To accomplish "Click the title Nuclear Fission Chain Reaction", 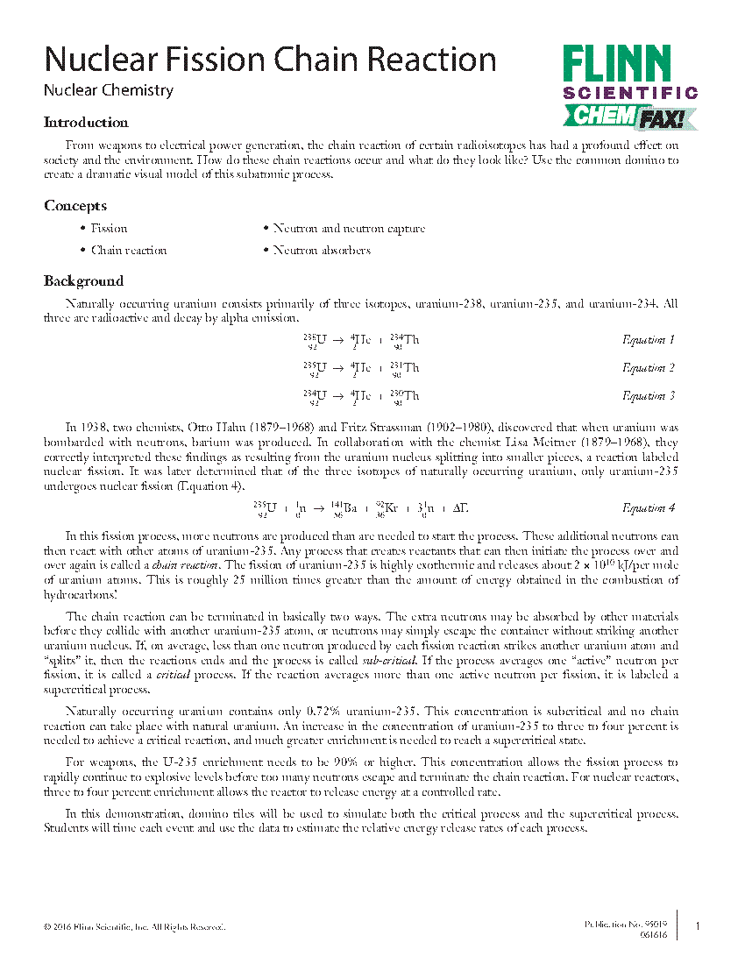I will (270, 60).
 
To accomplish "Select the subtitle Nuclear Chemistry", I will (109, 90).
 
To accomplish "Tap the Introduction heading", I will (86, 123).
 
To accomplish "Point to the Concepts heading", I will (75, 206).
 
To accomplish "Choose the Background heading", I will (83, 281).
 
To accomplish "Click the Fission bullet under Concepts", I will (109, 229).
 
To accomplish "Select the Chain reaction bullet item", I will (128, 251).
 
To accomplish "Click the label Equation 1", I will (649, 340).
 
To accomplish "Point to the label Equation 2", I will (649, 368).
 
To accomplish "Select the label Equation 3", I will (649, 396).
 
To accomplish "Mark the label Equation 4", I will (649, 508).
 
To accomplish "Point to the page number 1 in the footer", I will (698, 926).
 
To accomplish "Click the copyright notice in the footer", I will (135, 927).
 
